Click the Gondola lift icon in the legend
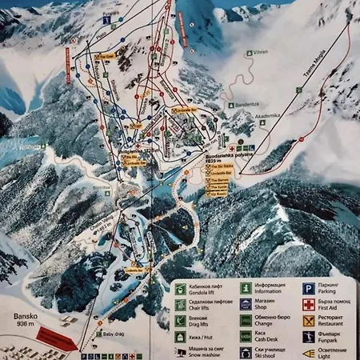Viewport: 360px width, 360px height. click(181, 286)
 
